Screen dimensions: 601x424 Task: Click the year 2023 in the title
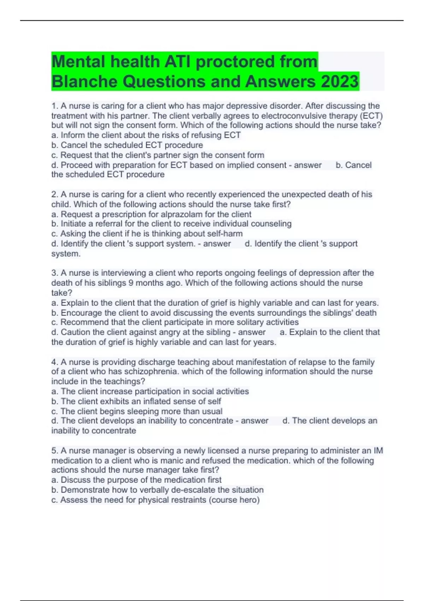pos(340,82)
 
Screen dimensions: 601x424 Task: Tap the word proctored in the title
pos(235,62)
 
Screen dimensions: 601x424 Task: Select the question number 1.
pos(54,106)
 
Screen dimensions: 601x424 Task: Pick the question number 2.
pos(54,194)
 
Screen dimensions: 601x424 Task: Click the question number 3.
pos(54,273)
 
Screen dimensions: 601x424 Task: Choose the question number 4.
pos(54,362)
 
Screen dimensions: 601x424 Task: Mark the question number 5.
pos(54,451)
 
